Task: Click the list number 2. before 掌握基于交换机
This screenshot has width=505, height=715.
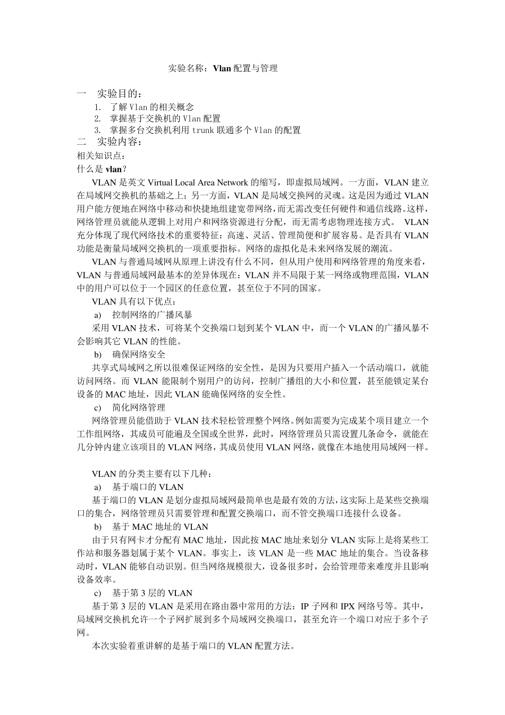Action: point(97,119)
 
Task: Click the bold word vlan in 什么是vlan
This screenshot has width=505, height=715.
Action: point(113,169)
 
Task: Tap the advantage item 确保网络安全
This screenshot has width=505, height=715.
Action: point(139,354)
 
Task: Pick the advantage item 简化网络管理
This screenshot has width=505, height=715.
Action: point(139,408)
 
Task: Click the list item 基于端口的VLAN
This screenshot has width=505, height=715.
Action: point(148,487)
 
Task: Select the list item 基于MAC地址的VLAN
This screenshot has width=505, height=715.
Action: point(160,527)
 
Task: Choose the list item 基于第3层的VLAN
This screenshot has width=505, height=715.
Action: point(152,593)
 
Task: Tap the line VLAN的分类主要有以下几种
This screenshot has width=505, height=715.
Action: point(152,473)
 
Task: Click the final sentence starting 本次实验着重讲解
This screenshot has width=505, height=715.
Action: point(193,646)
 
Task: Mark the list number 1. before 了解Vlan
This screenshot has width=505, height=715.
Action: point(97,107)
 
